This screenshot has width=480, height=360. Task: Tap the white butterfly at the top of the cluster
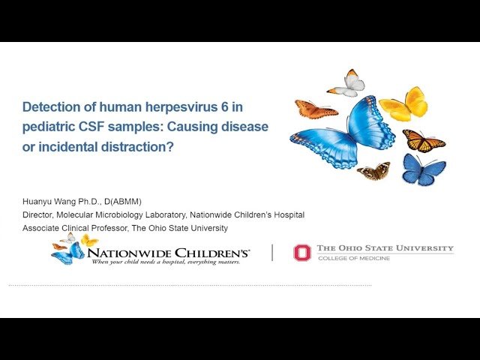pyautogui.click(x=347, y=84)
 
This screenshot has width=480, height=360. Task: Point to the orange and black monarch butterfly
pyautogui.click(x=423, y=139)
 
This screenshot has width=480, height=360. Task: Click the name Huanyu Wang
pyautogui.click(x=46, y=201)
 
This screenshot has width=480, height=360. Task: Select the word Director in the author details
pyautogui.click(x=40, y=214)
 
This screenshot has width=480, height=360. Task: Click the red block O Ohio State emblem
pyautogui.click(x=301, y=253)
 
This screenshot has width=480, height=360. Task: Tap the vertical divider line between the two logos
pyautogui.click(x=272, y=253)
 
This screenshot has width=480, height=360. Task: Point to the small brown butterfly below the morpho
pyautogui.click(x=373, y=172)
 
